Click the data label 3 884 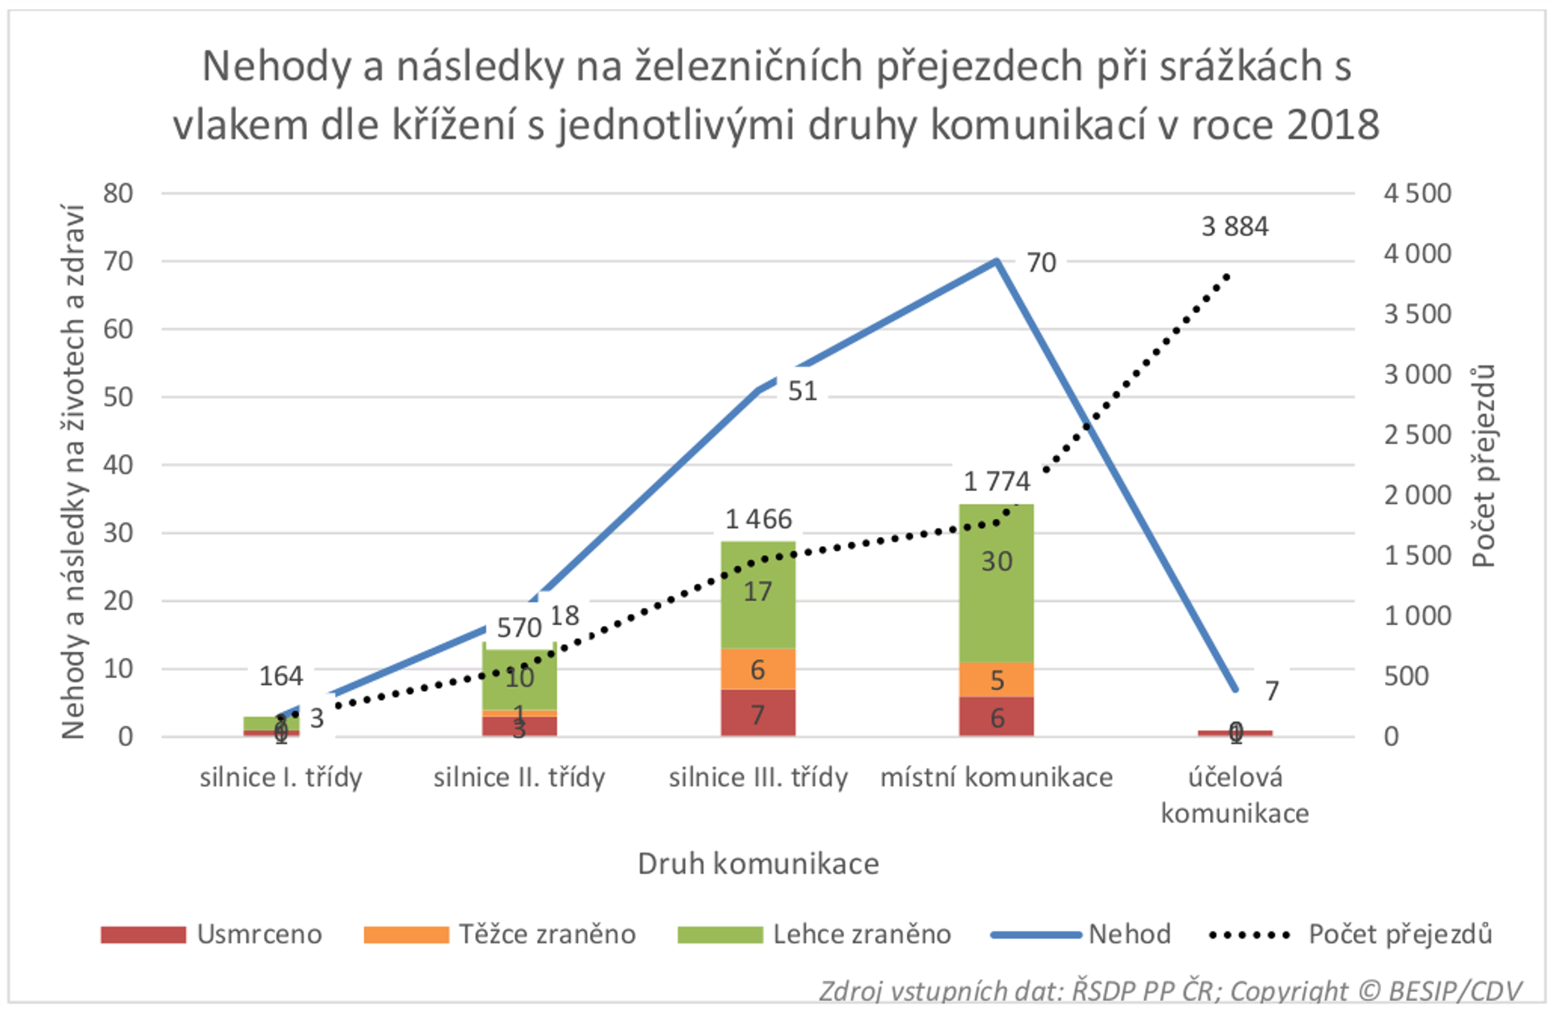(x=1235, y=226)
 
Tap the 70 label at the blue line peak (x=1041, y=262)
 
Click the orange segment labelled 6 (x=758, y=669)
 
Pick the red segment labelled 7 (x=758, y=714)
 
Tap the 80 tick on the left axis (x=118, y=193)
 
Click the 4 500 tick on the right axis (x=1417, y=193)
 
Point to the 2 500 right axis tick (x=1417, y=435)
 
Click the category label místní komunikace (x=996, y=778)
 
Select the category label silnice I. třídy (x=281, y=778)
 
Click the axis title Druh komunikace (x=758, y=863)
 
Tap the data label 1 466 (x=758, y=519)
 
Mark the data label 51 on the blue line (x=802, y=391)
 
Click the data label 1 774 (x=996, y=481)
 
